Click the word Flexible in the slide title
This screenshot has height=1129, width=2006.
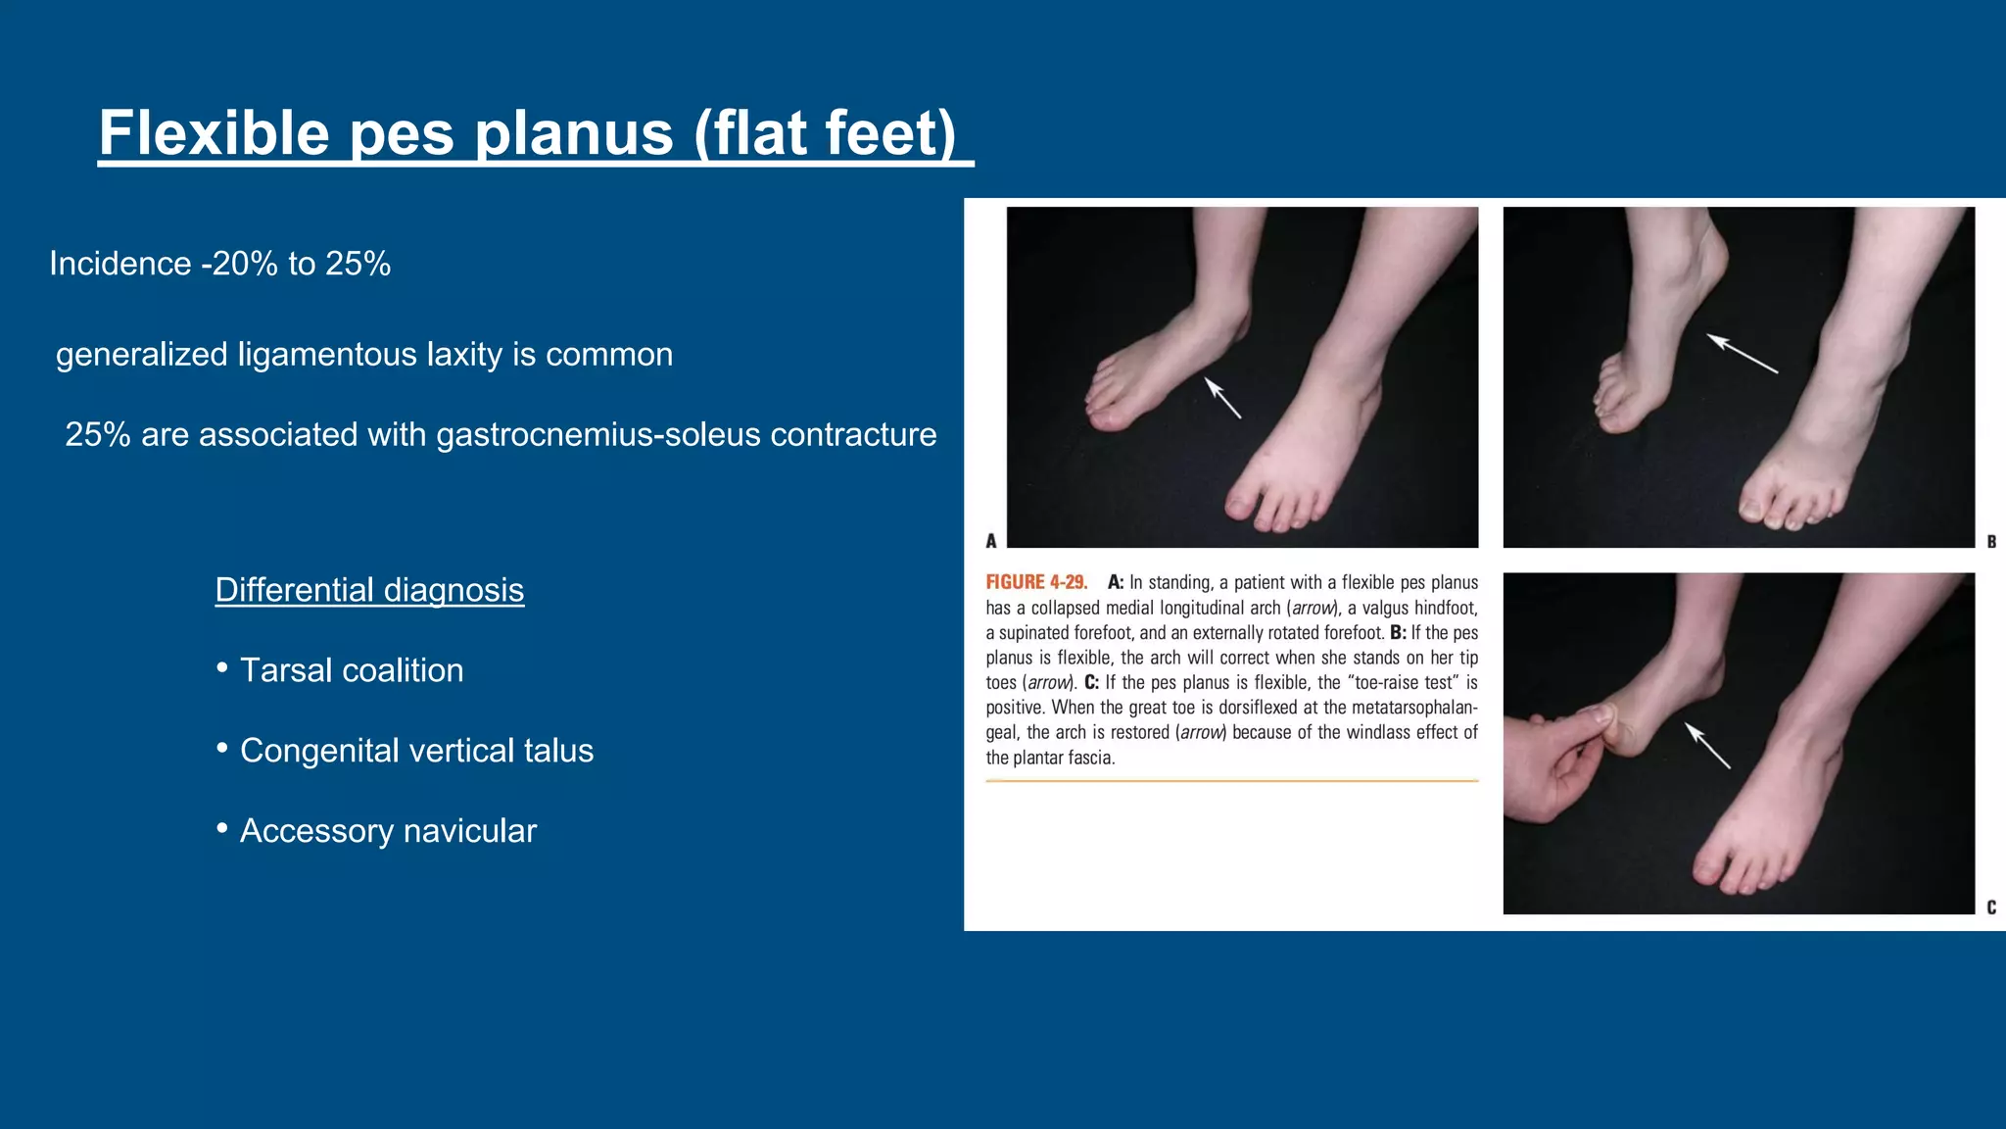click(x=214, y=133)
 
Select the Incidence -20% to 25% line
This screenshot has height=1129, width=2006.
click(x=220, y=264)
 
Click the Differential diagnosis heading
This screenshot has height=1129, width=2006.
click(x=369, y=590)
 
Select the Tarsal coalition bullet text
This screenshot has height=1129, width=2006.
click(x=352, y=670)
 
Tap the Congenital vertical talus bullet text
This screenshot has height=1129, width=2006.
click(x=416, y=751)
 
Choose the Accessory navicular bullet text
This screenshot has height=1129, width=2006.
click(x=388, y=831)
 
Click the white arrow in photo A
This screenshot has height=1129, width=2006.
click(x=1222, y=398)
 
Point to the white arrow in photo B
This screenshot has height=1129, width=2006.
click(x=1742, y=353)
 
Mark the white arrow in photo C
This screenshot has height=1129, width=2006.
click(x=1707, y=746)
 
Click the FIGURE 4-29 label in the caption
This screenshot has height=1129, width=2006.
click(x=1036, y=582)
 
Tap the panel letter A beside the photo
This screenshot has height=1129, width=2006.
click(x=991, y=541)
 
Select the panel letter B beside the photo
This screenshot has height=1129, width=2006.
click(x=1991, y=541)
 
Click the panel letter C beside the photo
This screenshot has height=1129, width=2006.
click(x=1991, y=908)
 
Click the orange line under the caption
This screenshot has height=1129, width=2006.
click(x=1231, y=781)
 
